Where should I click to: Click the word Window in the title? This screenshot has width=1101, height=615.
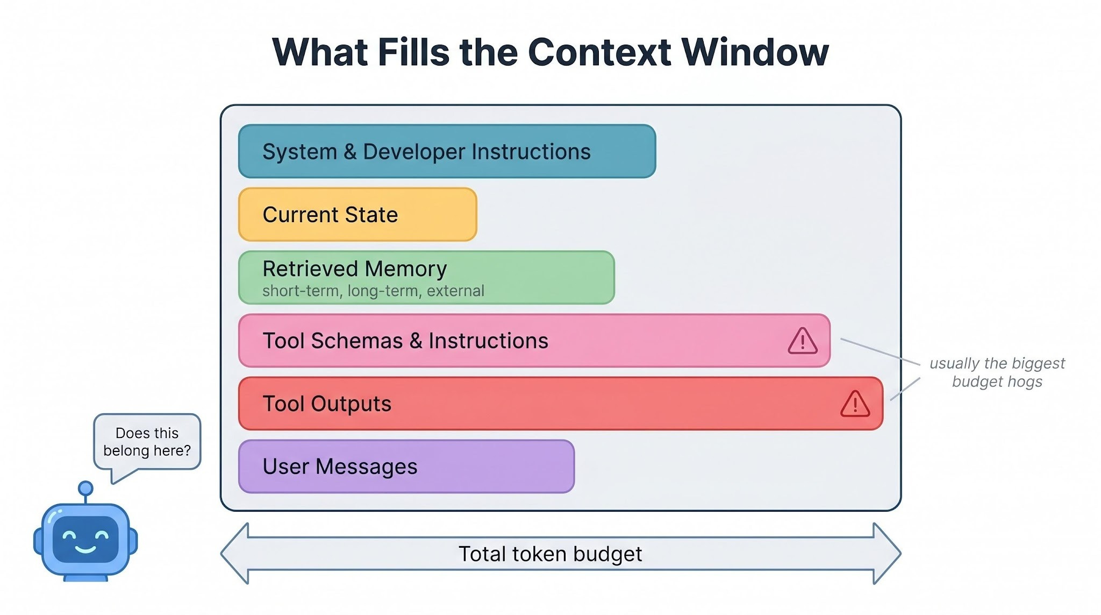[x=755, y=52]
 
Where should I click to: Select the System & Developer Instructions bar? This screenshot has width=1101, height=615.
[x=447, y=151]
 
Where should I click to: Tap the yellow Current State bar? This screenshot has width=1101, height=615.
[x=358, y=214]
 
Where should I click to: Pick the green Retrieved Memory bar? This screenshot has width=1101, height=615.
[x=426, y=278]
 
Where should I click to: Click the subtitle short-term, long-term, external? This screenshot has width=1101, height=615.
[x=373, y=291]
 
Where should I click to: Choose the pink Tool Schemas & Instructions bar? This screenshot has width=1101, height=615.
[x=534, y=341]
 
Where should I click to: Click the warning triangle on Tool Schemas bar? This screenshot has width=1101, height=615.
[x=803, y=341]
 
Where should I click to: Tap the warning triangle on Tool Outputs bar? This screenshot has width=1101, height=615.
[x=855, y=404]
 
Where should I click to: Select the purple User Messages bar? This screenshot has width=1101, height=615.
[x=406, y=466]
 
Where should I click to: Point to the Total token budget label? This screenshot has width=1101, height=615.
[x=550, y=554]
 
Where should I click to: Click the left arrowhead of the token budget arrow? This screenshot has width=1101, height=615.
[x=235, y=553]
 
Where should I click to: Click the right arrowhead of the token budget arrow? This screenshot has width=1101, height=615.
[x=887, y=553]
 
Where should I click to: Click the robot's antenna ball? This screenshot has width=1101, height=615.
[x=85, y=489]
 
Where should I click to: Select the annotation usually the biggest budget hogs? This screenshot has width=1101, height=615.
[x=997, y=372]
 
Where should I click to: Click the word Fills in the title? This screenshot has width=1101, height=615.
[x=413, y=52]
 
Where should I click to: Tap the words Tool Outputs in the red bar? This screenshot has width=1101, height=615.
[x=327, y=404]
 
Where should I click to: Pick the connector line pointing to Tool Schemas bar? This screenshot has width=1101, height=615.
[x=881, y=352]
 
